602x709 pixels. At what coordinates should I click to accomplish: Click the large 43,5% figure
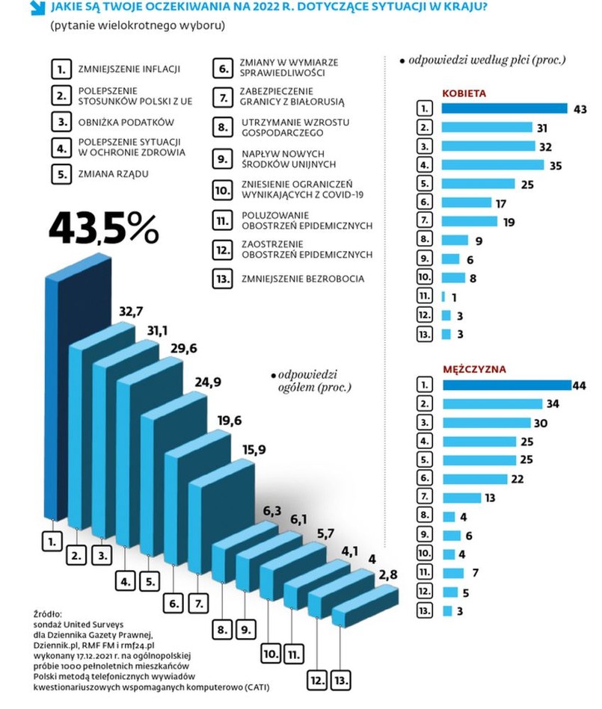pyautogui.click(x=104, y=229)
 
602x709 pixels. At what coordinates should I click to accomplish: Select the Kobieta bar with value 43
pyautogui.click(x=505, y=109)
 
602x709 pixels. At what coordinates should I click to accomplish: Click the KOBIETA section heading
pyautogui.click(x=464, y=93)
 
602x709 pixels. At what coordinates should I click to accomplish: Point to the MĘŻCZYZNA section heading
pyautogui.click(x=474, y=369)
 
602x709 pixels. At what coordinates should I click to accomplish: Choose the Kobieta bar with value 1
pyautogui.click(x=443, y=296)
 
